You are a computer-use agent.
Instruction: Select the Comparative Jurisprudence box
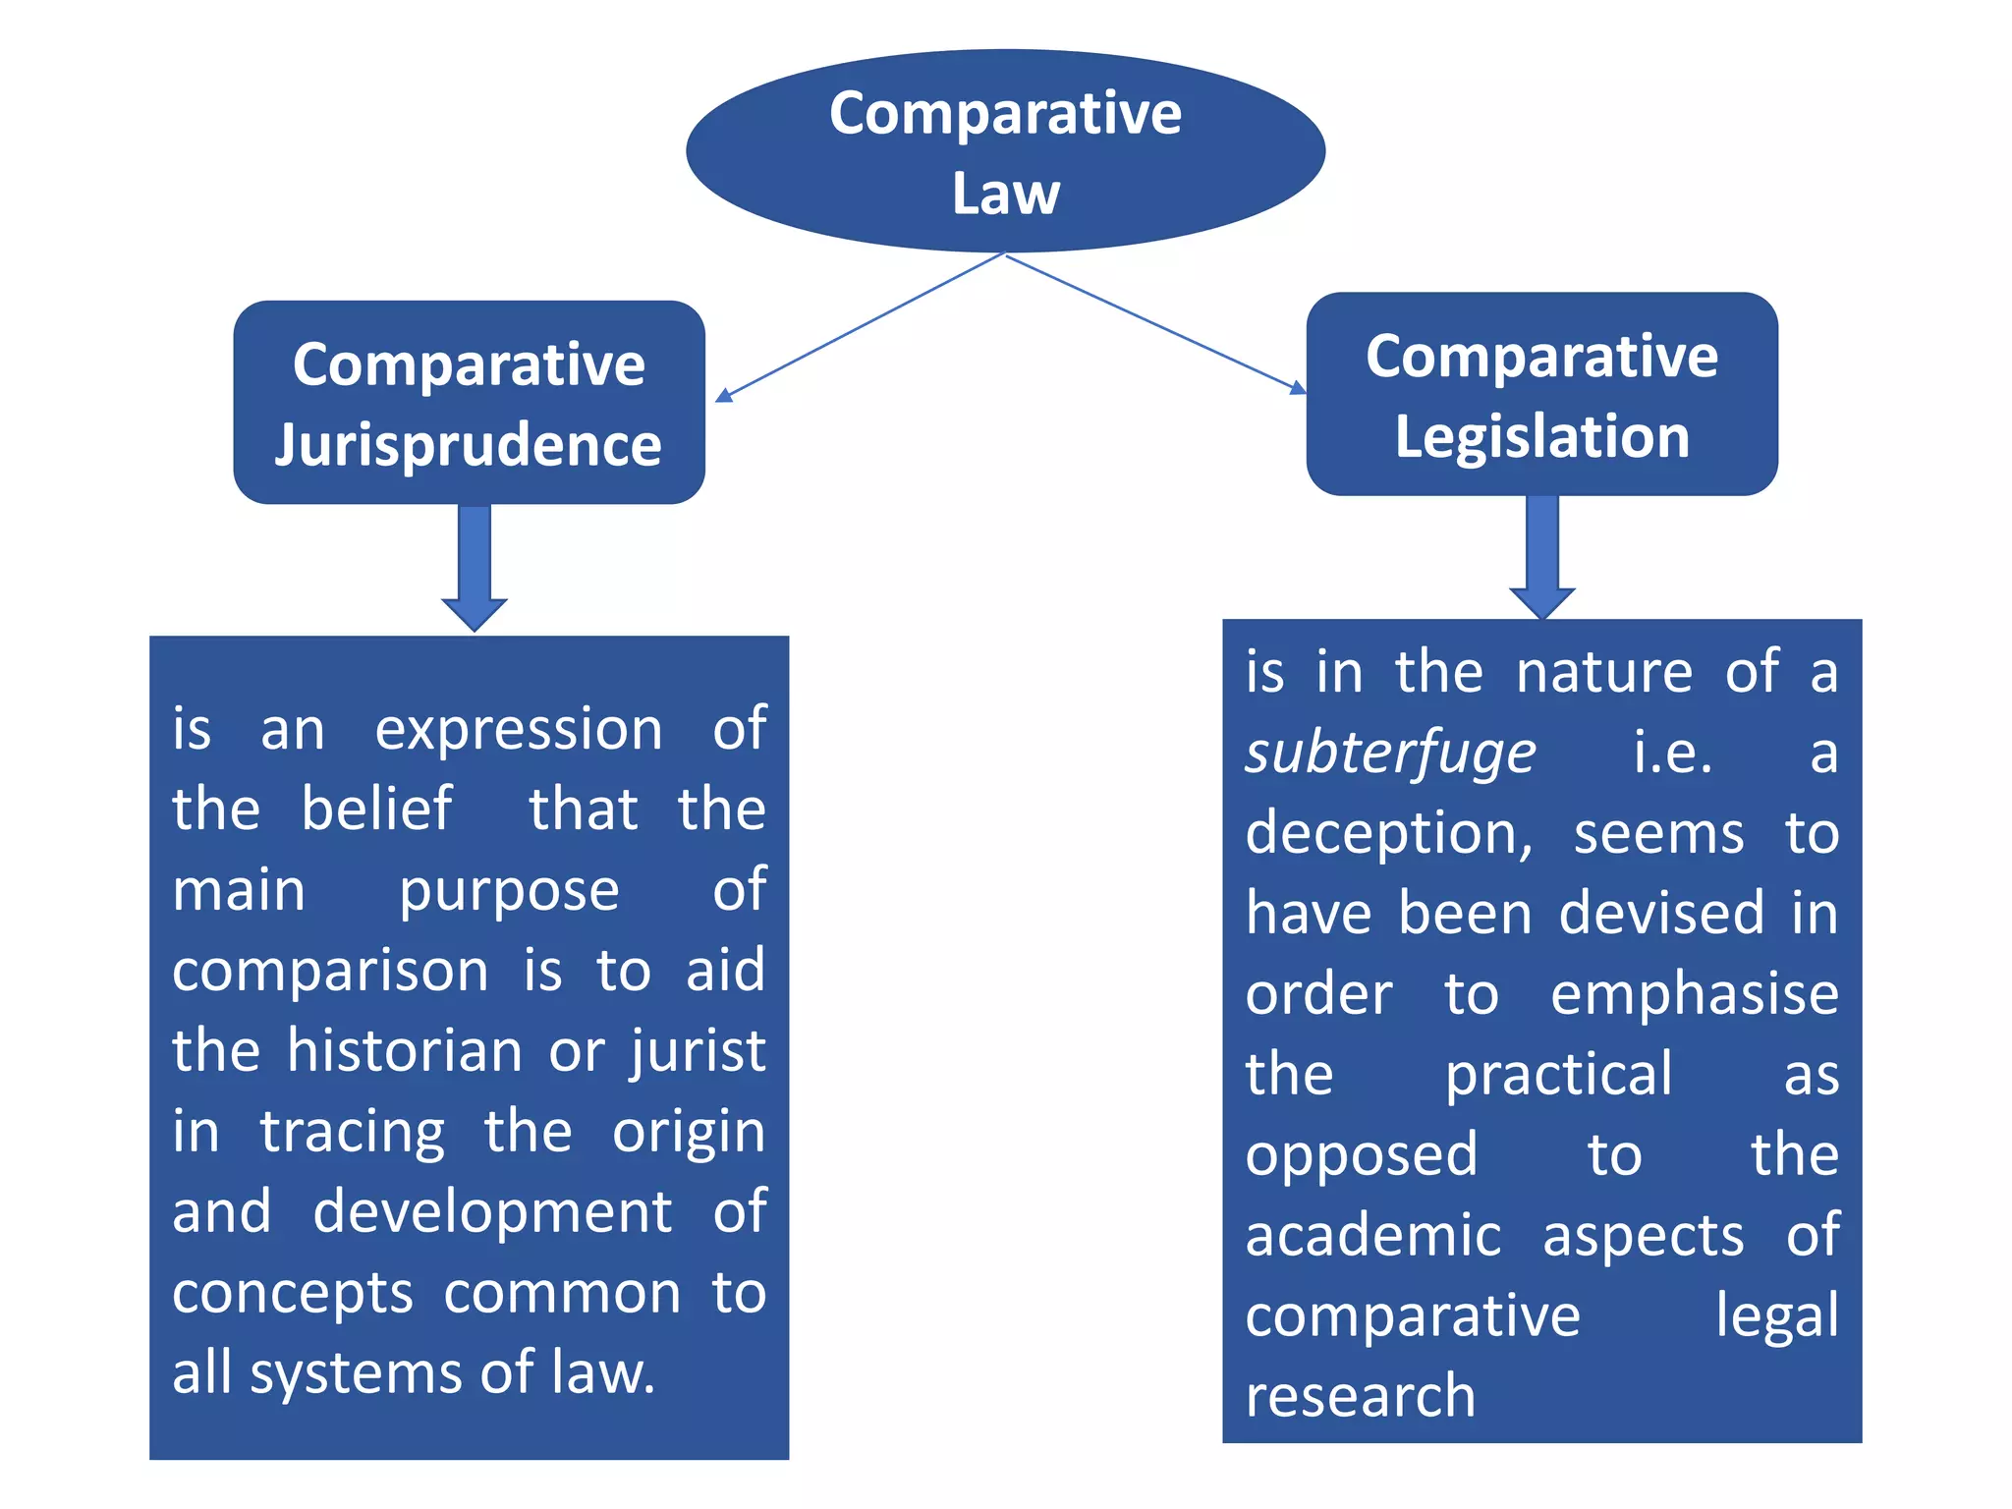tap(469, 403)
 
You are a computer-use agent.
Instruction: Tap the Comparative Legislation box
tap(1541, 394)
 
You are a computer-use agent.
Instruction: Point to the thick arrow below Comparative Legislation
tap(1542, 555)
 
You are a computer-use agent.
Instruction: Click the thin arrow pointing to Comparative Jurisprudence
tap(860, 326)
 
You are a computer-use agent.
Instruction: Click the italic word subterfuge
tap(1390, 754)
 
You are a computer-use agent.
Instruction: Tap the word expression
tap(518, 731)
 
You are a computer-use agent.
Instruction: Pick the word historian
tap(404, 1051)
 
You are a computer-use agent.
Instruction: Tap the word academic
tap(1373, 1236)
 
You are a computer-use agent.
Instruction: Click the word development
tap(492, 1213)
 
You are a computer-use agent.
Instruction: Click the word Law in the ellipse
tap(1005, 194)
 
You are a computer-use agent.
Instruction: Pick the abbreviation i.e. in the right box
tap(1672, 754)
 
